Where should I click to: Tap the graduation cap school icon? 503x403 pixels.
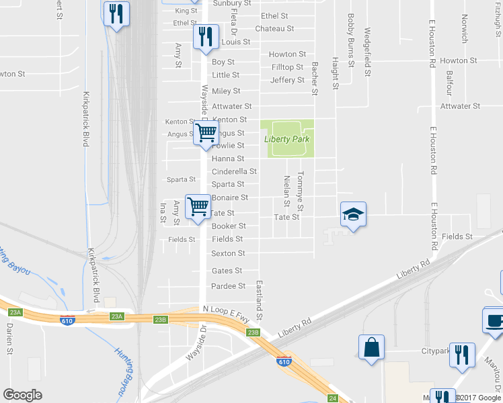click(x=353, y=215)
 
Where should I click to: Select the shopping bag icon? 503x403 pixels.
click(x=371, y=348)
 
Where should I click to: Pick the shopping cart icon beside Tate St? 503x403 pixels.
click(x=198, y=207)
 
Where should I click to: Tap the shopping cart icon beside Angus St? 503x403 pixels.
click(x=206, y=132)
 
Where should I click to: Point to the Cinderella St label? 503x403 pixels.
click(x=234, y=171)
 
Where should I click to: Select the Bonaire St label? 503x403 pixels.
click(x=230, y=197)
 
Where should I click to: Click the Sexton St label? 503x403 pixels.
click(x=228, y=253)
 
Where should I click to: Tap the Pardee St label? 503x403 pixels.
click(x=228, y=286)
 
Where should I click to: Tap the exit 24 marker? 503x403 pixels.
click(x=333, y=398)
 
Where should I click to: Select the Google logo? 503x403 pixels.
click(x=22, y=395)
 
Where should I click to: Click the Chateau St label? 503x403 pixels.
click(x=274, y=29)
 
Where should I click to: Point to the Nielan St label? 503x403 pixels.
click(x=287, y=191)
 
